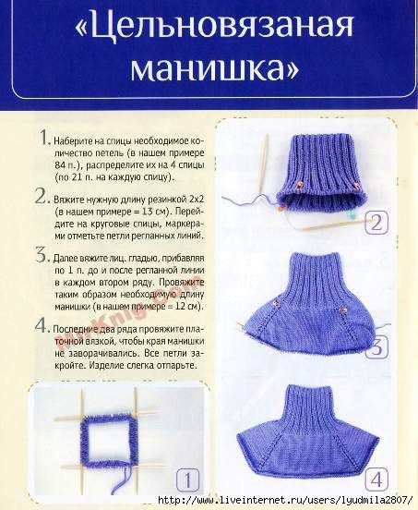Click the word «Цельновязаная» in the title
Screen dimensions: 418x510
tap(214, 26)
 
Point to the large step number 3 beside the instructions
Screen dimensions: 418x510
tap(42, 255)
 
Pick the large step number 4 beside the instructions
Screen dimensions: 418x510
tap(42, 325)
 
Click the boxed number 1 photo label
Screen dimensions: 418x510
tap(187, 480)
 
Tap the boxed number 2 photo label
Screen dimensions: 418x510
tap(376, 223)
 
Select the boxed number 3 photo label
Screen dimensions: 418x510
tap(376, 347)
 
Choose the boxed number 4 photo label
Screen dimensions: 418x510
tap(376, 480)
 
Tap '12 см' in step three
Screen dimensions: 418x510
tap(186, 307)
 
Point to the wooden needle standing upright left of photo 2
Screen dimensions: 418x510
tap(263, 164)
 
